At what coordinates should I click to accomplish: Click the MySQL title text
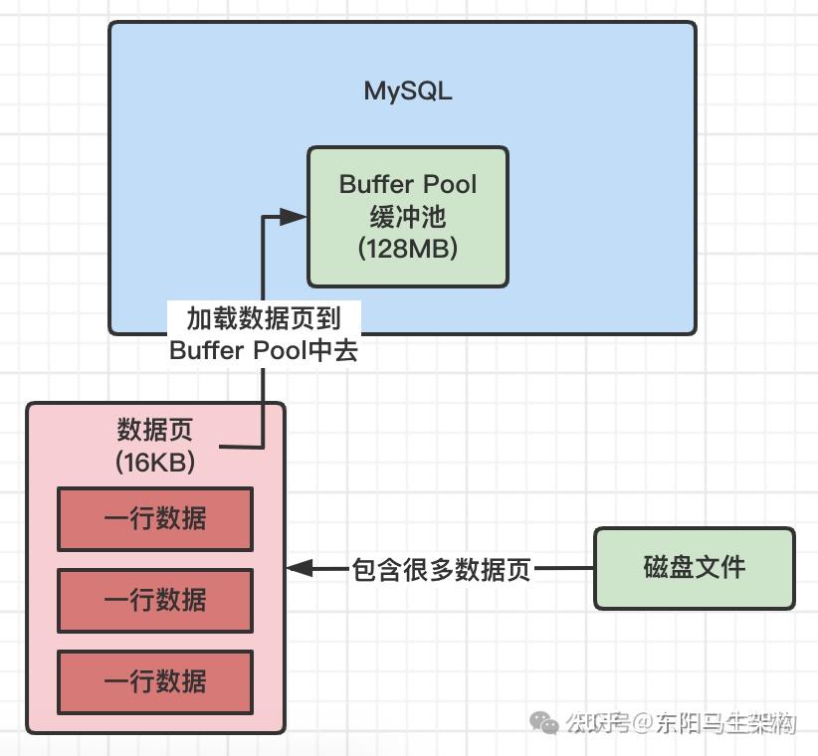(408, 92)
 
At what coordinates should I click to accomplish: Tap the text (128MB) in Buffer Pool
(408, 249)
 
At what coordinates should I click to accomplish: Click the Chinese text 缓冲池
(408, 217)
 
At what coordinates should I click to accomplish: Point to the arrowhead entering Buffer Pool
(293, 217)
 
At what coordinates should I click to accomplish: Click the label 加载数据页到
(264, 318)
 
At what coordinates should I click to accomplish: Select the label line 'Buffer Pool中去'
(264, 350)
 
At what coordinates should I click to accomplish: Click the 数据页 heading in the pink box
(155, 431)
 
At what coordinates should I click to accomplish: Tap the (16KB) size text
(155, 463)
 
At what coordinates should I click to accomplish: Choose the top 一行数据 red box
(155, 518)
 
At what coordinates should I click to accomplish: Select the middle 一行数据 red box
(155, 600)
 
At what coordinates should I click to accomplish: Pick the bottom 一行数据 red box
(155, 681)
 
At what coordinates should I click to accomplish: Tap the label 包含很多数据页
(443, 570)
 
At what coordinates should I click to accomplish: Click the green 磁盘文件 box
(695, 568)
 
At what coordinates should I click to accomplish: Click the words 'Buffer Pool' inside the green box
(408, 184)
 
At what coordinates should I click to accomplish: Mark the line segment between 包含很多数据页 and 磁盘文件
(563, 569)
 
